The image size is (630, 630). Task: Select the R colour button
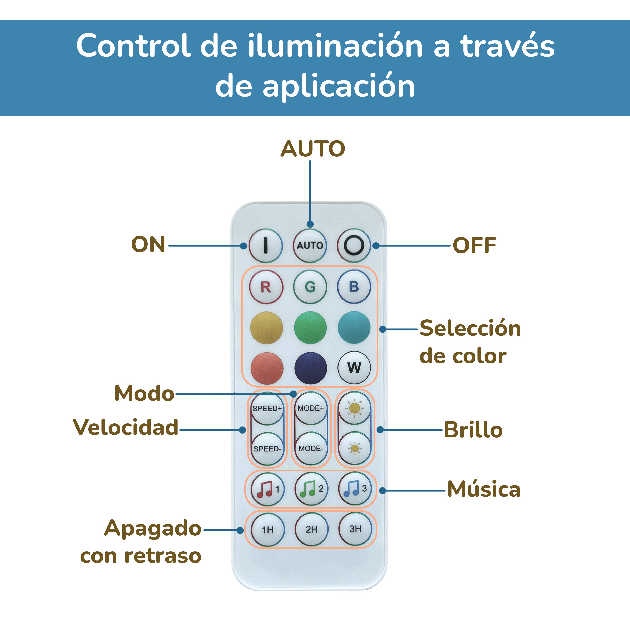(266, 287)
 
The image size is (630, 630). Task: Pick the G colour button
(310, 287)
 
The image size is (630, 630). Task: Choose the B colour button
(354, 287)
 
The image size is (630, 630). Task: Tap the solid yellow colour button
(266, 328)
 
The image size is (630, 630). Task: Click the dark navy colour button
(310, 368)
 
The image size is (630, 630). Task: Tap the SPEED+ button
(267, 408)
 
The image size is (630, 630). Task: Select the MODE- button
(311, 449)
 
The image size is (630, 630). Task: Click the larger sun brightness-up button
(354, 408)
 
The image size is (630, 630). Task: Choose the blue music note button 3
(355, 489)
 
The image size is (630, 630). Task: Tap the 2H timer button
(311, 529)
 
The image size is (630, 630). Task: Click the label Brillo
(473, 430)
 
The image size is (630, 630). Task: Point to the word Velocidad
(126, 427)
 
